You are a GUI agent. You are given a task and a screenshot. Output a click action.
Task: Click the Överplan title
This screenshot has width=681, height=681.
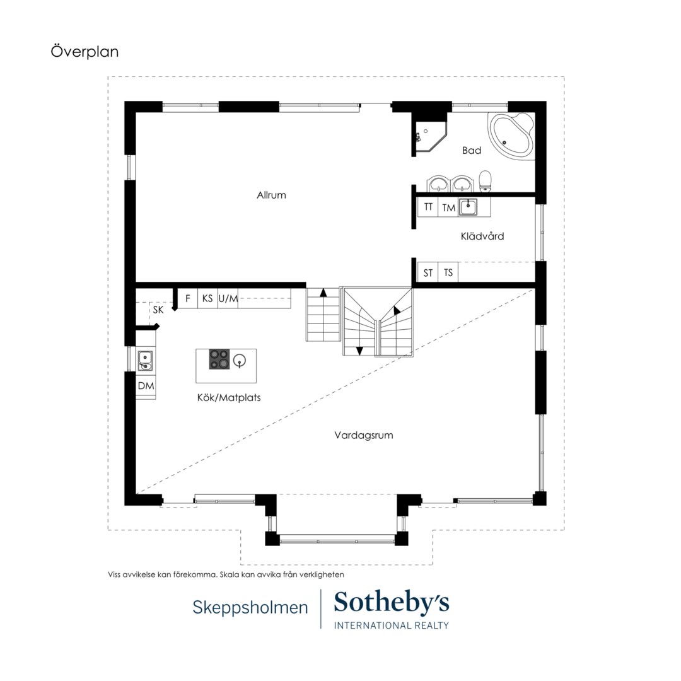pyautogui.click(x=84, y=51)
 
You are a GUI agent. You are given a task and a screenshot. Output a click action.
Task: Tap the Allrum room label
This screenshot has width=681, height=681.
pyautogui.click(x=271, y=195)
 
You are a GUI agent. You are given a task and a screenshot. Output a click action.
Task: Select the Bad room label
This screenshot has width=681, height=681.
pyautogui.click(x=472, y=150)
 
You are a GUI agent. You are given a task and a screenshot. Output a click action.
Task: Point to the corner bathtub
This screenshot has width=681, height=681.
pyautogui.click(x=511, y=136)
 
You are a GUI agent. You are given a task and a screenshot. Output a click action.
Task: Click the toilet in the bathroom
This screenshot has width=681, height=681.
pyautogui.click(x=485, y=181)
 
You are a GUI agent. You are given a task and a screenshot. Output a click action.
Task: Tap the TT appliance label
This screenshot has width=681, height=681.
pyautogui.click(x=428, y=207)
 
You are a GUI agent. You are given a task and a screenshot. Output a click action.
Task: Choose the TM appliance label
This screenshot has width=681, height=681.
pyautogui.click(x=449, y=207)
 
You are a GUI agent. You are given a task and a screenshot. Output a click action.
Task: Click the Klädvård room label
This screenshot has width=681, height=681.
pyautogui.click(x=482, y=236)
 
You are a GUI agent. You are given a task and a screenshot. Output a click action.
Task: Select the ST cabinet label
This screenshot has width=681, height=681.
pyautogui.click(x=428, y=273)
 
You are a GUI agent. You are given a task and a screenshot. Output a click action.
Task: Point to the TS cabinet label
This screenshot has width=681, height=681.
pyautogui.click(x=448, y=272)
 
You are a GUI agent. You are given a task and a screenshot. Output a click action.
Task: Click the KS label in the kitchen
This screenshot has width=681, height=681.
pyautogui.click(x=207, y=298)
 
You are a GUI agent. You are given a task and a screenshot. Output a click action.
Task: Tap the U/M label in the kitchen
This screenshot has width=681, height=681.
pyautogui.click(x=228, y=298)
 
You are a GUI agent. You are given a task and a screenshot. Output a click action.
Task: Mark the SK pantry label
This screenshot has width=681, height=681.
pyautogui.click(x=158, y=310)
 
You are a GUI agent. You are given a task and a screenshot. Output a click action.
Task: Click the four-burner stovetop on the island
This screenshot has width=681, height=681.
pyautogui.click(x=219, y=359)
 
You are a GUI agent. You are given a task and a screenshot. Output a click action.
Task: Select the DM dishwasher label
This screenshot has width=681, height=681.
pyautogui.click(x=146, y=386)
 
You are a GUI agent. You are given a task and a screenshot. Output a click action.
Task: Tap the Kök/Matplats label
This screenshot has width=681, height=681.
pyautogui.click(x=229, y=397)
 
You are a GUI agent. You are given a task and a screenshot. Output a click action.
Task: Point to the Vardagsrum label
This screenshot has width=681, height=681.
pyautogui.click(x=364, y=435)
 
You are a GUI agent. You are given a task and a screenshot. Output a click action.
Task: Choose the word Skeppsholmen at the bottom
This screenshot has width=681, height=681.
pyautogui.click(x=250, y=607)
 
